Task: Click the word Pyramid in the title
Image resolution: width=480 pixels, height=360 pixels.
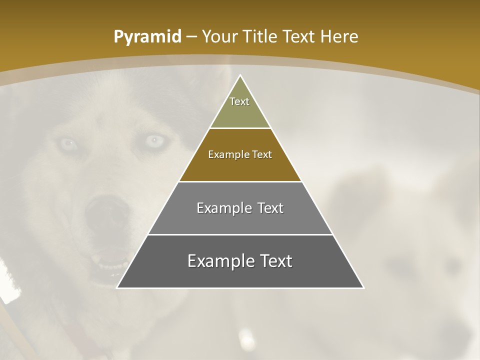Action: pos(147,37)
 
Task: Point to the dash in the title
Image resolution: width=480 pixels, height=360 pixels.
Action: pos(191,37)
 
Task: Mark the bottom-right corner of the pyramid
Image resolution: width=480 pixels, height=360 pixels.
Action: pos(363,287)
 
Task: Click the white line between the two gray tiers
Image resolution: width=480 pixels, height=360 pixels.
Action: pos(240,234)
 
